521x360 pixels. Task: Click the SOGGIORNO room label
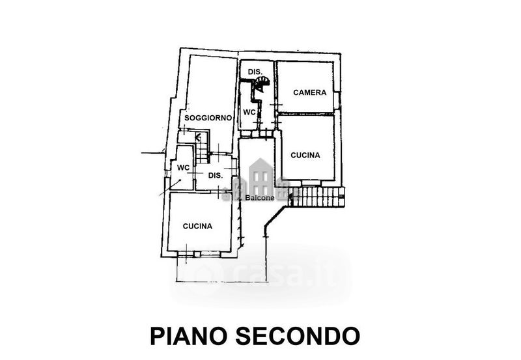click(x=208, y=118)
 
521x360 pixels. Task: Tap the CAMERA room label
click(x=309, y=92)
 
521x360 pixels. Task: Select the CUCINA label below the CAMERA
click(x=305, y=155)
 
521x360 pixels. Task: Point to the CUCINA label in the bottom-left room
click(x=197, y=227)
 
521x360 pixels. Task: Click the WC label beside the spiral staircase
click(x=249, y=112)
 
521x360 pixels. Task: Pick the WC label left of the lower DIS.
click(x=183, y=167)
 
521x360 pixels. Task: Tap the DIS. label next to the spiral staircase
click(x=255, y=71)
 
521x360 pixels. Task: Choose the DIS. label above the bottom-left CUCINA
click(x=216, y=175)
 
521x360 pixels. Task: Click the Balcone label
click(x=260, y=198)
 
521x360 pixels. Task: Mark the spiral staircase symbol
click(x=262, y=84)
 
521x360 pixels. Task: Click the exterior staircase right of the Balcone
click(x=317, y=196)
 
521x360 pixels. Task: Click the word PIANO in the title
click(x=190, y=336)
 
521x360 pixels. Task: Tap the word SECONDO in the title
click(x=298, y=336)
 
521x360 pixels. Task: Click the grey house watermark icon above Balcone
click(x=260, y=174)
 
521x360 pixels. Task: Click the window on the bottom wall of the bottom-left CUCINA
click(x=201, y=253)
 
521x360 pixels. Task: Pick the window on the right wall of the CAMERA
click(x=337, y=100)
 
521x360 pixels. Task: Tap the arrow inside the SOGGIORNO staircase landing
click(x=197, y=137)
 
